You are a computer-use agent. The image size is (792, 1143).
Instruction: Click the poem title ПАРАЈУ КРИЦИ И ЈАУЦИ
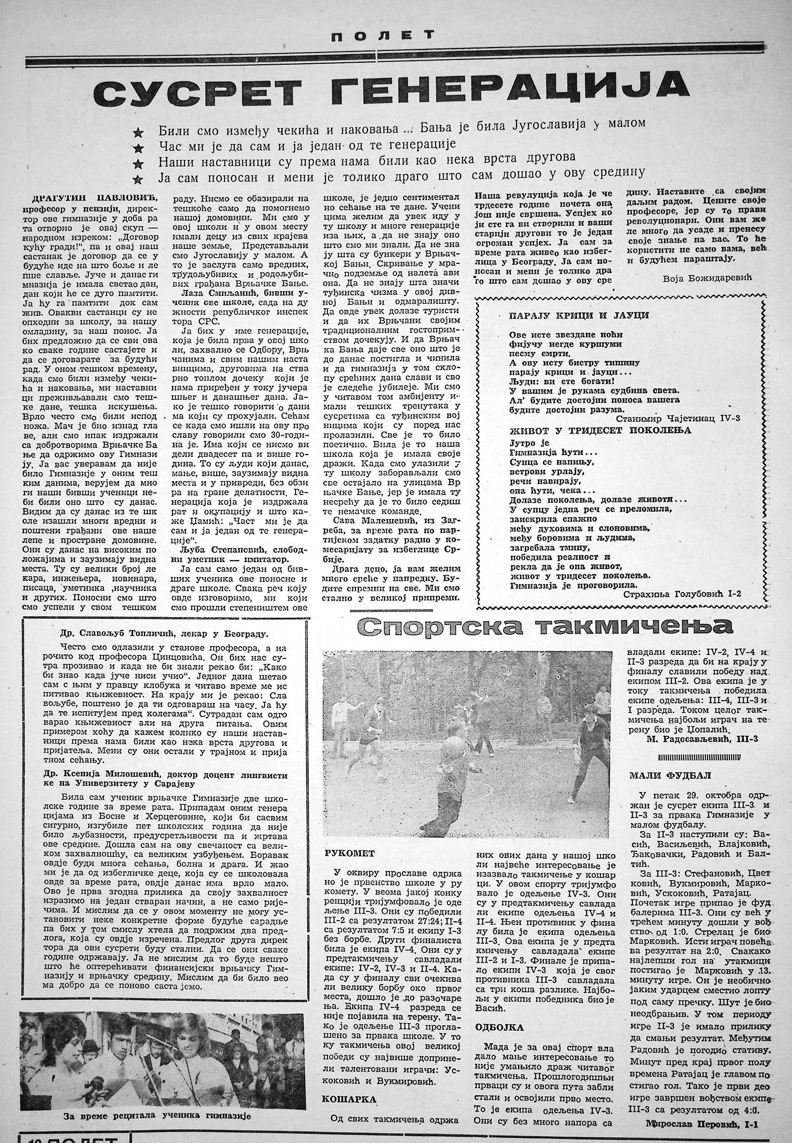coord(579,315)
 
